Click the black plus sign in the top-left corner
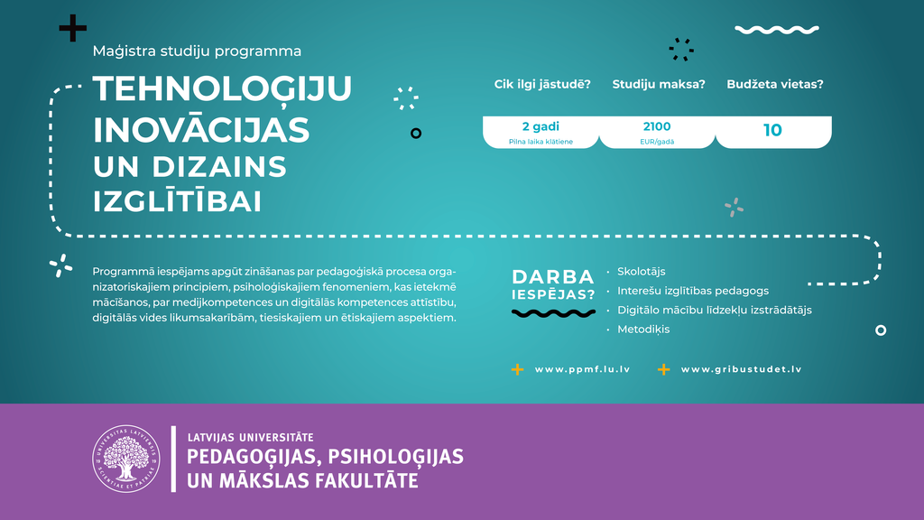[x=73, y=28]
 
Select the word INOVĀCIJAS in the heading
[x=201, y=128]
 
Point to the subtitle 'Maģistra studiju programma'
[x=197, y=51]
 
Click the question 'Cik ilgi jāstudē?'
[x=542, y=84]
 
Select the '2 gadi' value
[x=541, y=126]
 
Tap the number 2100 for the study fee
[x=657, y=126]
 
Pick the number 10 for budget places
[x=772, y=130]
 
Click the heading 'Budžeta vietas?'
[x=775, y=84]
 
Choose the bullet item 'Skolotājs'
[x=642, y=272]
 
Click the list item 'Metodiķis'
[x=643, y=330]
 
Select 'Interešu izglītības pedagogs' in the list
[x=693, y=291]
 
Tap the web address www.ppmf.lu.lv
[x=582, y=369]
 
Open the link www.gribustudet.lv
[x=742, y=369]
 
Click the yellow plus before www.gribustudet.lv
[x=663, y=369]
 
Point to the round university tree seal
[x=126, y=459]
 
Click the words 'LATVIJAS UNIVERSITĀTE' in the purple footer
[x=251, y=438]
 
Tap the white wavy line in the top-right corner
[x=777, y=30]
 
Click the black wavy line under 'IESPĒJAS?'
[x=553, y=313]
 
